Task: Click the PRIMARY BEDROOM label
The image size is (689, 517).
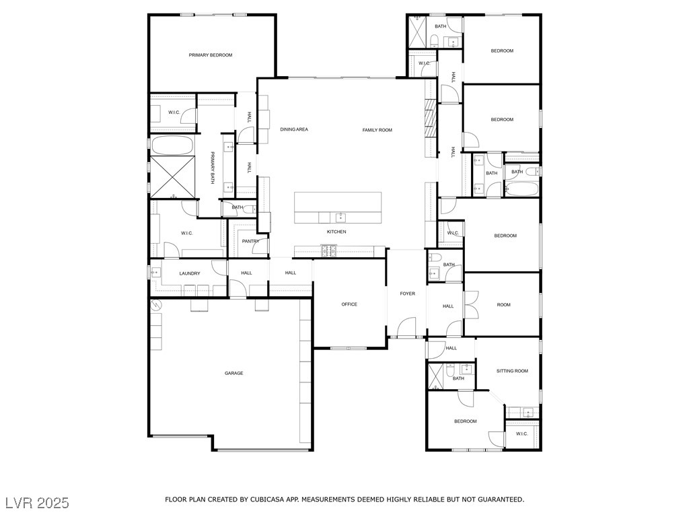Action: click(210, 55)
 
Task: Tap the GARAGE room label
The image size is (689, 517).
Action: click(233, 373)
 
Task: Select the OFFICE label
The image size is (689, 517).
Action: click(349, 304)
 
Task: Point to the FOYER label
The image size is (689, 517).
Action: click(407, 294)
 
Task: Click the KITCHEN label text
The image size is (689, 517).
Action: click(336, 232)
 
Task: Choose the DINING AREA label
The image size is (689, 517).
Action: click(294, 129)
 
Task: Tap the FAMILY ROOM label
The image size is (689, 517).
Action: click(377, 130)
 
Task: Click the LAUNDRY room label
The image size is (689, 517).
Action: click(189, 273)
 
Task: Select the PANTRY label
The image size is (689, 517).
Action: click(250, 241)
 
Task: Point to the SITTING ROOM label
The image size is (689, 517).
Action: click(512, 371)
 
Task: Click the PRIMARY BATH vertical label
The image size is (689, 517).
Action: click(212, 168)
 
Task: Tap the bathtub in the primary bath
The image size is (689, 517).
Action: click(172, 145)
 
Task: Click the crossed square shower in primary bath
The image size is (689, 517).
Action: click(172, 177)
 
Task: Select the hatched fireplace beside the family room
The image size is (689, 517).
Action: click(431, 119)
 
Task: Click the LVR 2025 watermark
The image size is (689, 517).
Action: click(38, 503)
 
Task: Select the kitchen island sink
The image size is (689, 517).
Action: click(340, 217)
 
